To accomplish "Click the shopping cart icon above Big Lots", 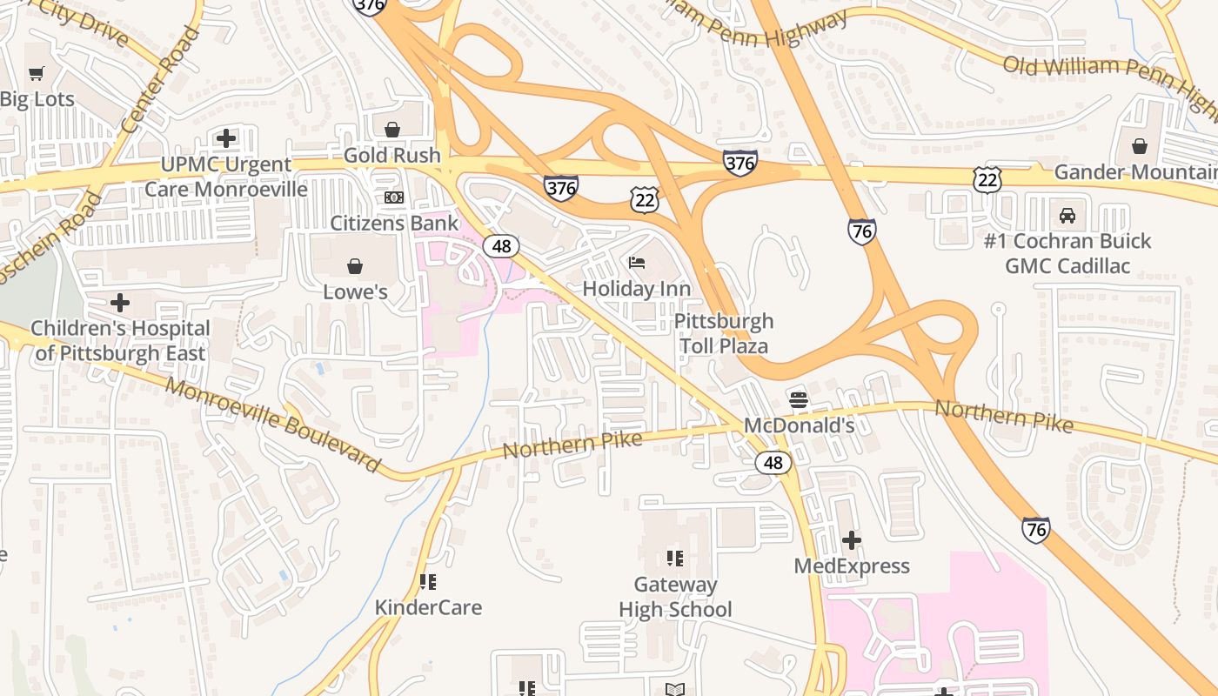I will pos(36,74).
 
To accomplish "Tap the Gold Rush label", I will pos(392,155).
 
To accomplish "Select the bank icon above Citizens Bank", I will pos(394,197).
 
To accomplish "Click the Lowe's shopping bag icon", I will pos(355,265).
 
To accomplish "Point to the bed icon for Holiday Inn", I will pos(637,262).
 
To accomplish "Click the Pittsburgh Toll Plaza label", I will pos(724,333).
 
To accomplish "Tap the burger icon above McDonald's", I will pos(799,400).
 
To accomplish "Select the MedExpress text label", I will pos(852,566).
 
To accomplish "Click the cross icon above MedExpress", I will pos(852,540).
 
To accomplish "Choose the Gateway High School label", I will pos(675,597).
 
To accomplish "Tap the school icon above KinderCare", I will pos(427,581).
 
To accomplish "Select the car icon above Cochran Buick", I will pos(1067,215).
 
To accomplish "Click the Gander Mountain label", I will pos(1134,172).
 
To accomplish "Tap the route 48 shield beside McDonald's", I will pos(773,463).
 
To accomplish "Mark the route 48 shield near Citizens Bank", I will pos(501,246).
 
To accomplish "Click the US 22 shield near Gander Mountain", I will pos(987,180).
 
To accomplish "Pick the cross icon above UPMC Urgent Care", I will pos(226,138).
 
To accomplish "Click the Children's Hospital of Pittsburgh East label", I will pos(120,340).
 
